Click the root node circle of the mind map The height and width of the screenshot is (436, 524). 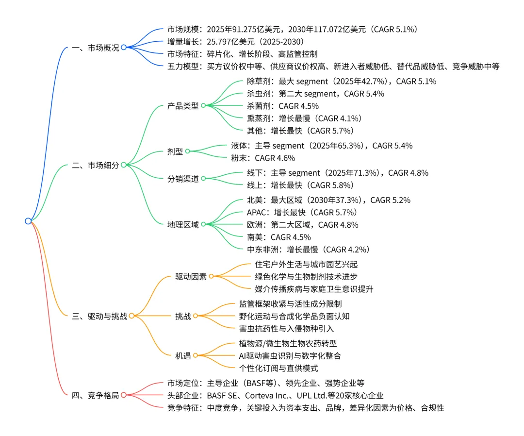[x=28, y=221]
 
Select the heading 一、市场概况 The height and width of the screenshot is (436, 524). [x=95, y=48]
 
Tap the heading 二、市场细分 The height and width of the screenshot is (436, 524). [x=95, y=165]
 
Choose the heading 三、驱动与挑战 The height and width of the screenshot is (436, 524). [x=99, y=316]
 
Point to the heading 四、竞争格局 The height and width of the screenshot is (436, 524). [x=95, y=395]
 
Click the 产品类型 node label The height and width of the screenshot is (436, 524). [x=183, y=106]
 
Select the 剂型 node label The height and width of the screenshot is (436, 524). [x=175, y=151]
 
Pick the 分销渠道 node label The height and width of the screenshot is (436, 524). [x=183, y=179]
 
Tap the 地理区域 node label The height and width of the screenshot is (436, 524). [x=183, y=224]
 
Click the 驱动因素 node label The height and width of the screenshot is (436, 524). [x=191, y=277]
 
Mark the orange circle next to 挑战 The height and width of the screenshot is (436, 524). [x=196, y=316]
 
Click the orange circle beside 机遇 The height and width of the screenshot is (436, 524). [x=196, y=356]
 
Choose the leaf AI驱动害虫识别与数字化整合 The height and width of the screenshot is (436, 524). [x=290, y=356]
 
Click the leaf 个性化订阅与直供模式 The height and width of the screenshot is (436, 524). [x=278, y=368]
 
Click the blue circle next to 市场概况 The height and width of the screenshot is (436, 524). [x=124, y=48]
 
